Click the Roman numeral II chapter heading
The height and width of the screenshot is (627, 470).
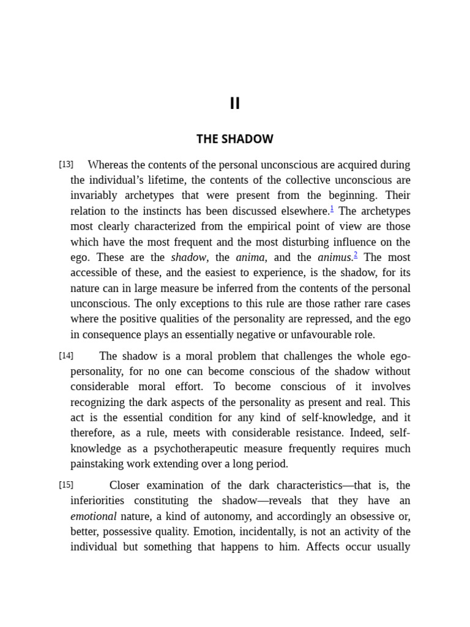pos(235,103)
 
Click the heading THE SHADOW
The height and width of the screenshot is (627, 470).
pos(235,139)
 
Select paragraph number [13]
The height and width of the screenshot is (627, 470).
pos(66,164)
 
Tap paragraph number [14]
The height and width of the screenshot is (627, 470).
pos(66,356)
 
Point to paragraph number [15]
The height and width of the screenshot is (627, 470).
pos(66,485)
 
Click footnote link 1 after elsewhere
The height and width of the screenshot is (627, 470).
pos(332,209)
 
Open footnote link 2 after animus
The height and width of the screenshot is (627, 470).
pos(356,255)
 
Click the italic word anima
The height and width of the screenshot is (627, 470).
pos(250,258)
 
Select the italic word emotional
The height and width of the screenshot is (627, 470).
pos(93,517)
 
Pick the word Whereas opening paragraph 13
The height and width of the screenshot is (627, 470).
pos(108,165)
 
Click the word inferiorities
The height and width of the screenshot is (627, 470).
pos(103,501)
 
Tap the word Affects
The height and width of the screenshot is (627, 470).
pos(322,547)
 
